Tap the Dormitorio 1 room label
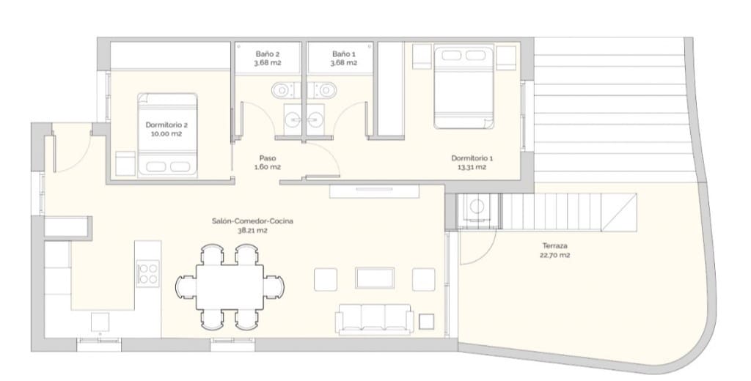pos(472,158)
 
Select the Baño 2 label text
pos(267,54)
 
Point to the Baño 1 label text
pos(343,54)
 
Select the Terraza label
pos(555,246)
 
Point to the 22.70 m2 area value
pos(555,256)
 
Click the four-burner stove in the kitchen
pos(147,273)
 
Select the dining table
pos(230,286)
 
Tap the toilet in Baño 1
pos(325,90)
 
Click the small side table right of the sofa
pos(426,321)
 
